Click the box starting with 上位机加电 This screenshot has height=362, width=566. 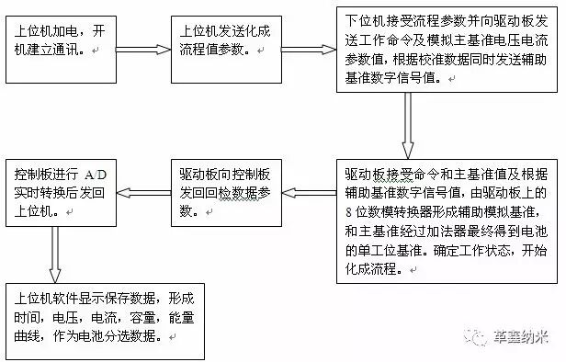pos(61,50)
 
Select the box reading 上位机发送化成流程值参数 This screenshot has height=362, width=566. pos(226,50)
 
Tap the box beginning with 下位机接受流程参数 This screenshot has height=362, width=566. pos(447,50)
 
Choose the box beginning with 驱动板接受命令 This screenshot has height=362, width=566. pos(447,221)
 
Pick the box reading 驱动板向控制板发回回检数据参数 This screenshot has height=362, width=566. pos(226,193)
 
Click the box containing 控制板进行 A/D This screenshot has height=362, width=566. pos(61,193)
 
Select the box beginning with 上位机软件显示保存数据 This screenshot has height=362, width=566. pos(105,322)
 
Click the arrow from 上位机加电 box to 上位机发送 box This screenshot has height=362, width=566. pos(143,50)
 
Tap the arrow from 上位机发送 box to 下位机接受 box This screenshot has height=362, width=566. pos(309,50)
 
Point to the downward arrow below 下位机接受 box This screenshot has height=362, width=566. pos(408,126)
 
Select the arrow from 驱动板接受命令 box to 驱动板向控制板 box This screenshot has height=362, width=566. pos(309,193)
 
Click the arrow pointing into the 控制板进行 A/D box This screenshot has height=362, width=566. pos(143,193)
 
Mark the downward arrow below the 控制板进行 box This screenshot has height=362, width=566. pos(55,255)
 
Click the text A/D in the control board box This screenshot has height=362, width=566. pos(96,175)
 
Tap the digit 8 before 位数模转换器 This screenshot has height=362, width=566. pos(348,212)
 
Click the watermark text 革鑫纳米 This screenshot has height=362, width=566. pos(520,337)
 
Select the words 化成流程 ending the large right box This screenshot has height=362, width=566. pos(370,269)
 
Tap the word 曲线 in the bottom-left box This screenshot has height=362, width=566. pos(27,336)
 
